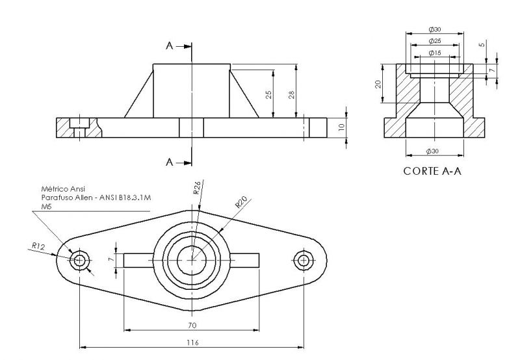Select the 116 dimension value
[192, 342]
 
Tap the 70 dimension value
[192, 325]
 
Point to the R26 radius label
[196, 188]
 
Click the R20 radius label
[241, 203]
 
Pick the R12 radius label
[38, 246]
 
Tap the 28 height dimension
[292, 94]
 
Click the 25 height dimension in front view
[268, 94]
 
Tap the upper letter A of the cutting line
[170, 45]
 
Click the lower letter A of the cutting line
[170, 162]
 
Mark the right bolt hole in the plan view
[303, 261]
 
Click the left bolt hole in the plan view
[80, 261]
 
